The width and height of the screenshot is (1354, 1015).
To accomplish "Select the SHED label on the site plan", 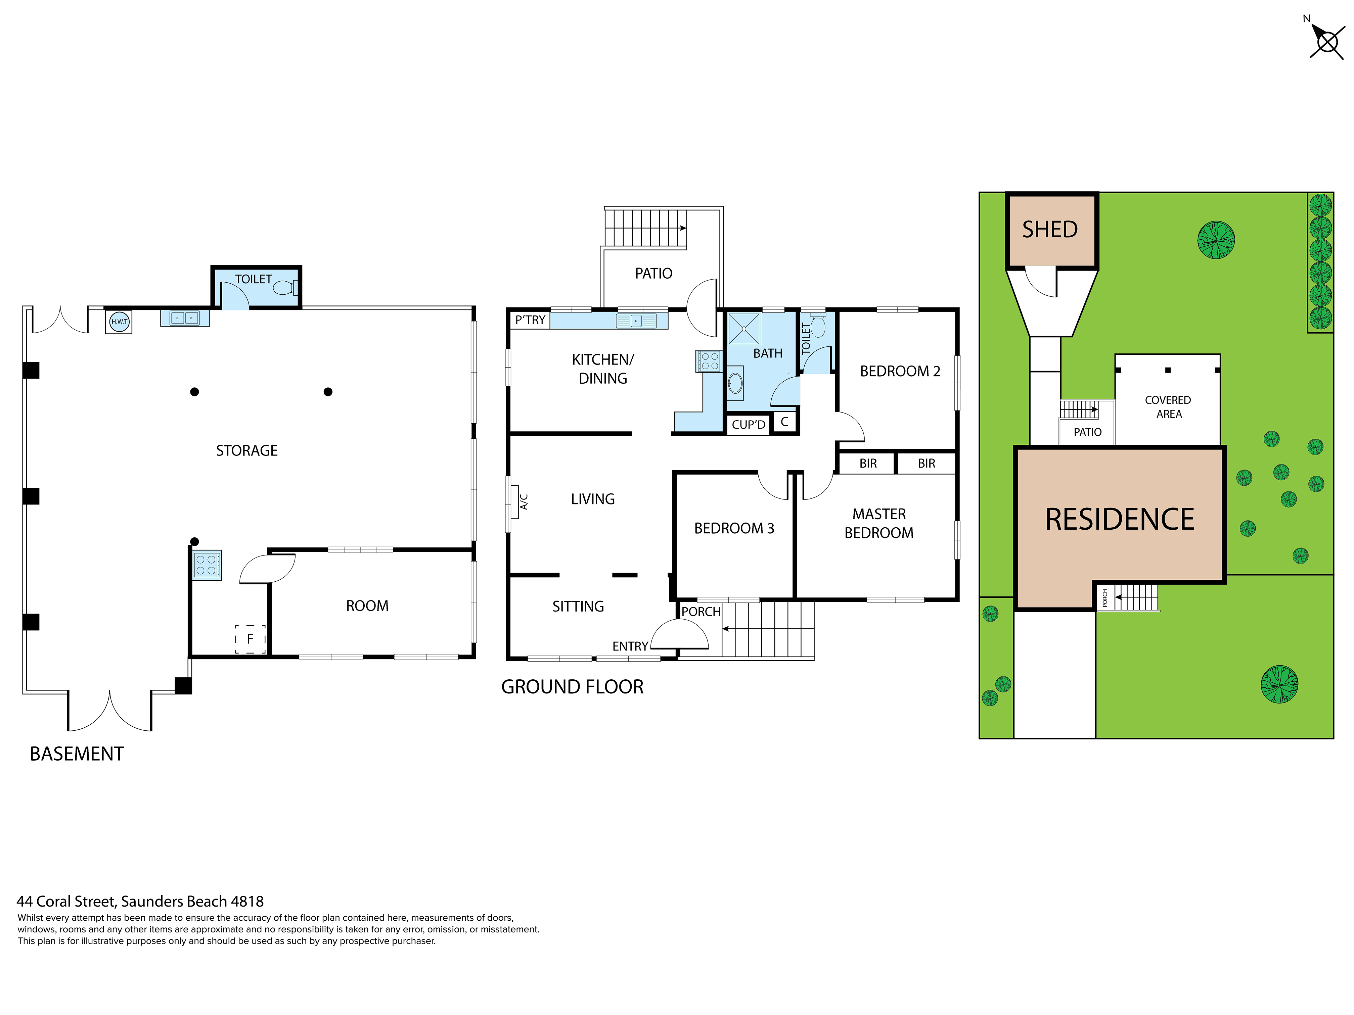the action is pyautogui.click(x=1050, y=230).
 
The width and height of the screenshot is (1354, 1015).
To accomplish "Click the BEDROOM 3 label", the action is pyautogui.click(x=734, y=528).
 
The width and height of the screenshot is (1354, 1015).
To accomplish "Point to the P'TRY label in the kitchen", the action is pyautogui.click(x=530, y=320).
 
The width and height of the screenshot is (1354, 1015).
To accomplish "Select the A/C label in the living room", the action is pyautogui.click(x=524, y=502).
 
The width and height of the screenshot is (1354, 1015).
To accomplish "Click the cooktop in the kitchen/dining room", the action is pyautogui.click(x=710, y=361).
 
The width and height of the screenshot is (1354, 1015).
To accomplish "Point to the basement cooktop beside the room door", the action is pyautogui.click(x=207, y=565).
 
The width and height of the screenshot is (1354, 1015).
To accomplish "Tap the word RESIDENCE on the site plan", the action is pyautogui.click(x=1120, y=520).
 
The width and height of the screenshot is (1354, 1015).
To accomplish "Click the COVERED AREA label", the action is pyautogui.click(x=1168, y=407).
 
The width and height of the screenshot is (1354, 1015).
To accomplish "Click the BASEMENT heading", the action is pyautogui.click(x=77, y=754).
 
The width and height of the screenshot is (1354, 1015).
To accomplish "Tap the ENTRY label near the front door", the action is pyautogui.click(x=630, y=646).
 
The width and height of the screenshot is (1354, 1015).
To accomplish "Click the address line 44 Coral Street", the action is pyautogui.click(x=140, y=901).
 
